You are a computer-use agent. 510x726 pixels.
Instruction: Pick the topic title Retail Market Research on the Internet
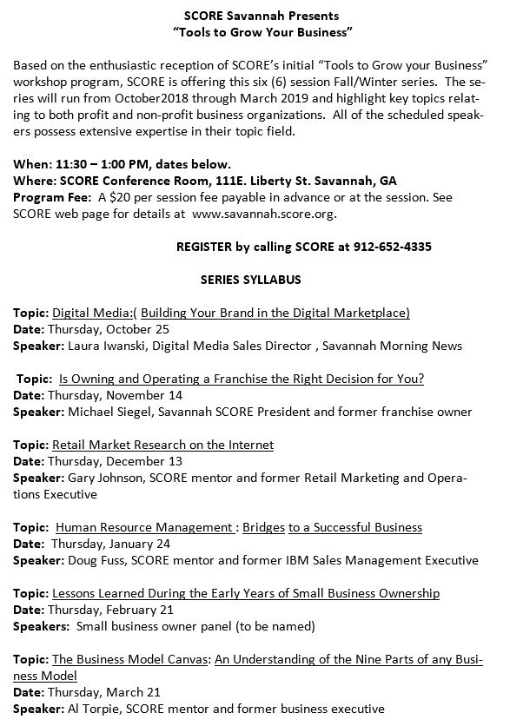pos(162,445)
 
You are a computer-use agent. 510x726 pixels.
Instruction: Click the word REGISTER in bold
pos(203,247)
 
